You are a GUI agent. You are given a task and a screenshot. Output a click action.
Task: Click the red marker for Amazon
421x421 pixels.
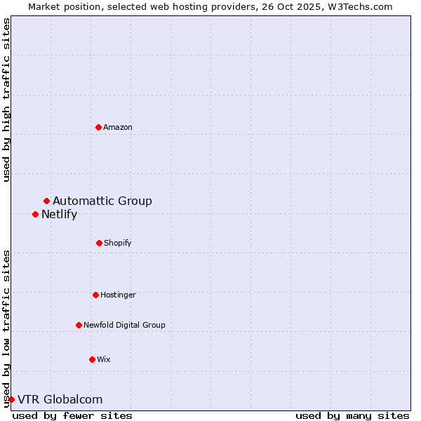(98, 127)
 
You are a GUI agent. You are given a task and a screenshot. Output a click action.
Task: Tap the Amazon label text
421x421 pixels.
(118, 128)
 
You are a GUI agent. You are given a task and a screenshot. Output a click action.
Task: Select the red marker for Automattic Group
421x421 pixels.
(46, 201)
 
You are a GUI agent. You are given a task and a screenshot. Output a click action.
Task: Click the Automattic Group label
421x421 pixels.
(102, 201)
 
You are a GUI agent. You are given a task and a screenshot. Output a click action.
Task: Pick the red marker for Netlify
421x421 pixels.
(35, 214)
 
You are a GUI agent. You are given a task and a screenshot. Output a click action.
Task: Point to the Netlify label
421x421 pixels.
(59, 215)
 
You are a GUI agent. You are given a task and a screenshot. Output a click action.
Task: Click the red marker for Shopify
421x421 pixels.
(99, 243)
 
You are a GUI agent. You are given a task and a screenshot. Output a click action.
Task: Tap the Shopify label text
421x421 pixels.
(118, 243)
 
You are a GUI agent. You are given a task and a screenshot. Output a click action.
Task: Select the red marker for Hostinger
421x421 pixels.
(95, 295)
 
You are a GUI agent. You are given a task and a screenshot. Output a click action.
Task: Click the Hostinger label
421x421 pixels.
(118, 295)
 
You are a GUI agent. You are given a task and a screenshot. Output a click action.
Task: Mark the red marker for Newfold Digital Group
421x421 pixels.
(79, 325)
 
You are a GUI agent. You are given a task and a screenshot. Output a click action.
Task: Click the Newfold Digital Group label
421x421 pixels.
(124, 326)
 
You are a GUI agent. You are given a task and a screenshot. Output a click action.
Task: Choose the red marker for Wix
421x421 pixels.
(92, 359)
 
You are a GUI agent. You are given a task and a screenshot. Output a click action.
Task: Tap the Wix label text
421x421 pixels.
(104, 360)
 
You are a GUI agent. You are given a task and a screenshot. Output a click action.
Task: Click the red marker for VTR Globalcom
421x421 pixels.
(11, 399)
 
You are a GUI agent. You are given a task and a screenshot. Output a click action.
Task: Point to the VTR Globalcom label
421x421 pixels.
(60, 400)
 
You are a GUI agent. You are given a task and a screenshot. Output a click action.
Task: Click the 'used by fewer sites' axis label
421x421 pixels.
(72, 415)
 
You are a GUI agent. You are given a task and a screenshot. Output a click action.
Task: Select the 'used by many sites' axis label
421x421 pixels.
(352, 415)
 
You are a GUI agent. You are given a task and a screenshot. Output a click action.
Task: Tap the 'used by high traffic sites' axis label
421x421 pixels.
(7, 100)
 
